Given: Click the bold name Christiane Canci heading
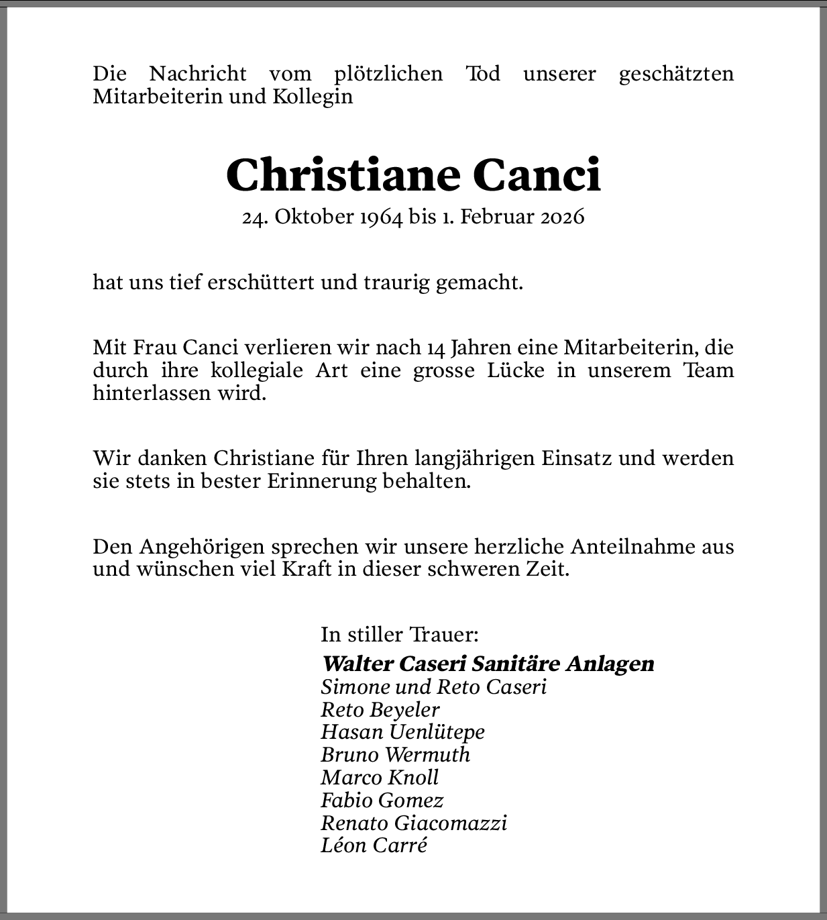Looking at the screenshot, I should click(413, 176).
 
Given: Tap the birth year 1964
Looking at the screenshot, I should click(381, 217).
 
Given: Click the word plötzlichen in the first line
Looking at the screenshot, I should click(388, 73).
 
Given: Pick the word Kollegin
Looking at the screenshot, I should click(313, 96).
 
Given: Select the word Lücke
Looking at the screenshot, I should click(516, 370).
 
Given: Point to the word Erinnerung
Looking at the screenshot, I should click(322, 481).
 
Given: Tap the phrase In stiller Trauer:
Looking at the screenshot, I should click(400, 634).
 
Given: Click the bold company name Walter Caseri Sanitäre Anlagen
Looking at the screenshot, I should click(488, 664).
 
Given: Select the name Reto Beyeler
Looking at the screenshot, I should click(380, 709).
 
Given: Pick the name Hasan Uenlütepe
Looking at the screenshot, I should click(402, 732).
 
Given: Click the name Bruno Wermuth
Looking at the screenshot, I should click(396, 755).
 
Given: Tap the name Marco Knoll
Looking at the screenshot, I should click(380, 778).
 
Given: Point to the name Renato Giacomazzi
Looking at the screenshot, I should click(414, 823).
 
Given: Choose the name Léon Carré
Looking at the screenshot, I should click(374, 846).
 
